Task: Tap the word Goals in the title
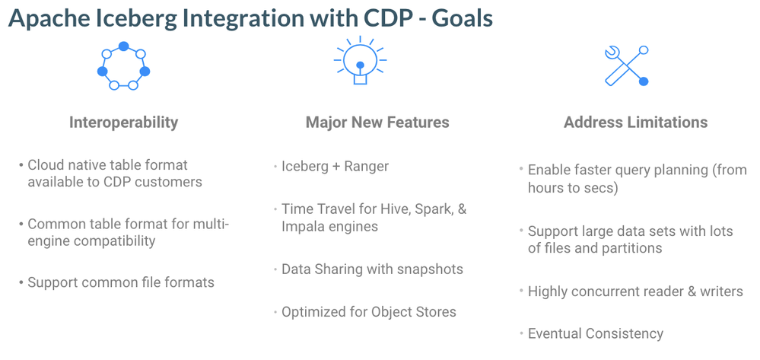coord(462,18)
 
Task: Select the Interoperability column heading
coord(123,123)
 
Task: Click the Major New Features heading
coord(377,123)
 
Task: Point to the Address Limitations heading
coord(635,123)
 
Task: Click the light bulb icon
coord(360,61)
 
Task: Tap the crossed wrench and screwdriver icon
coord(627,66)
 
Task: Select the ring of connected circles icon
coord(123,65)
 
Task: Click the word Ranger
coord(367,167)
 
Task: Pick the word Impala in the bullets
coord(303,227)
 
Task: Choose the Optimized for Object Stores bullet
coord(369,312)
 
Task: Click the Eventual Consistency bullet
coord(595,334)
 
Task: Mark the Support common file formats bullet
coord(121,282)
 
